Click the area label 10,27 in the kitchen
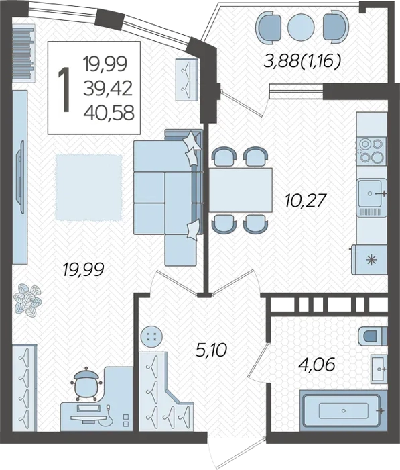click(x=305, y=201)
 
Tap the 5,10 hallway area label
click(x=211, y=350)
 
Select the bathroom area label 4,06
click(x=316, y=365)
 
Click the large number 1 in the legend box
click(x=65, y=89)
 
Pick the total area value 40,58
click(x=109, y=113)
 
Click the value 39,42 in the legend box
click(x=108, y=89)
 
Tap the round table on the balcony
click(x=301, y=27)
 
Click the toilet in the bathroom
click(x=373, y=336)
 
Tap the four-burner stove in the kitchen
click(x=371, y=150)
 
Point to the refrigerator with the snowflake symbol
click(x=369, y=260)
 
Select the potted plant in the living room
click(x=28, y=300)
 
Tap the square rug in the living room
click(x=88, y=187)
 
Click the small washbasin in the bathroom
click(x=379, y=369)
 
